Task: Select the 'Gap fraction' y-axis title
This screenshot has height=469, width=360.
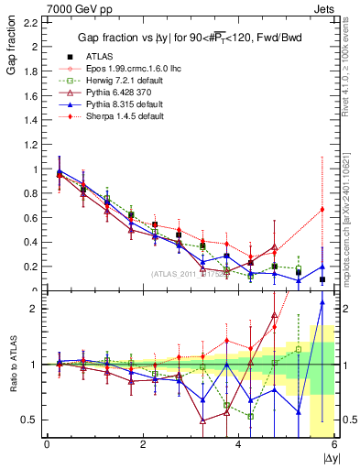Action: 12,47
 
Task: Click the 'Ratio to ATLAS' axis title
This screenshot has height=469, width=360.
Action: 12,364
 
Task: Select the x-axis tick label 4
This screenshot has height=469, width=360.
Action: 238,444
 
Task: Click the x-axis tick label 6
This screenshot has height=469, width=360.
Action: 334,444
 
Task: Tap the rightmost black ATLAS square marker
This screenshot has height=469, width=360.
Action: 322,279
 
